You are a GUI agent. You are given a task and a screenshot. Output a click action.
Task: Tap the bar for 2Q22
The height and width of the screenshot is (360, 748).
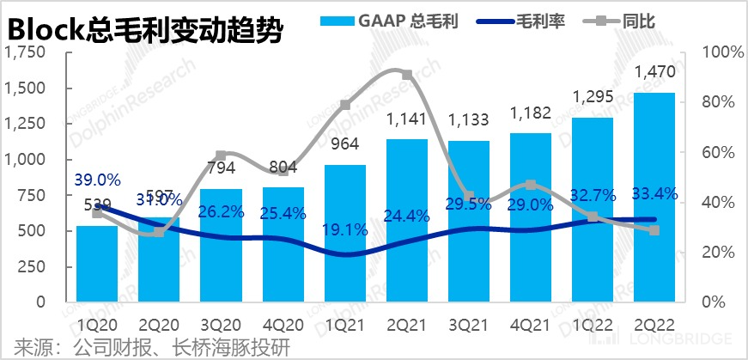(654, 198)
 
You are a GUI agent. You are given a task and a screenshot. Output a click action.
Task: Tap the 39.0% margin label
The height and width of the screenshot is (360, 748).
(97, 180)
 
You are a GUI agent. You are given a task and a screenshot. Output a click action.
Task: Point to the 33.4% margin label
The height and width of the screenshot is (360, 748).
(654, 195)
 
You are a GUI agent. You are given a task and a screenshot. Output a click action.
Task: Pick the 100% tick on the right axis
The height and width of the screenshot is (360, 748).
(715, 52)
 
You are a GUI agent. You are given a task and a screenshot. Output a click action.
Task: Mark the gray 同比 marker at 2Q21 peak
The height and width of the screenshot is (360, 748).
(407, 75)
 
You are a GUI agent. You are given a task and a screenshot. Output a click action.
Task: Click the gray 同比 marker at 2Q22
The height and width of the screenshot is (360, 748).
(654, 230)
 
